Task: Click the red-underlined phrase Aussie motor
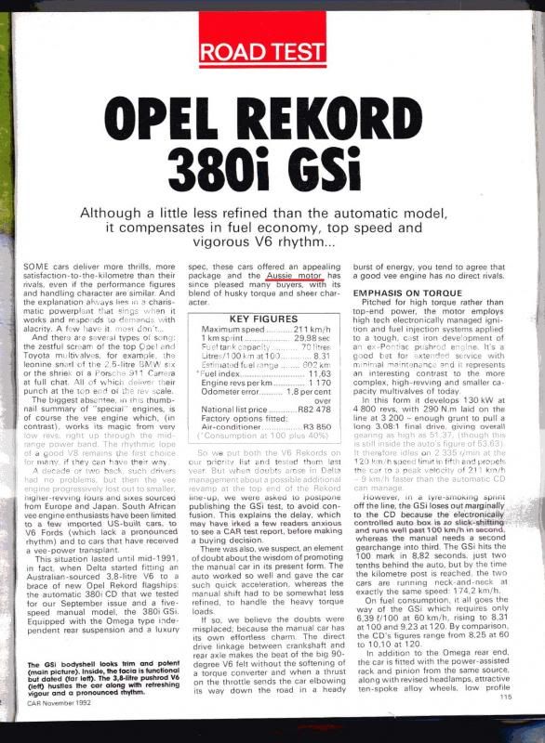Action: pyautogui.click(x=293, y=276)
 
